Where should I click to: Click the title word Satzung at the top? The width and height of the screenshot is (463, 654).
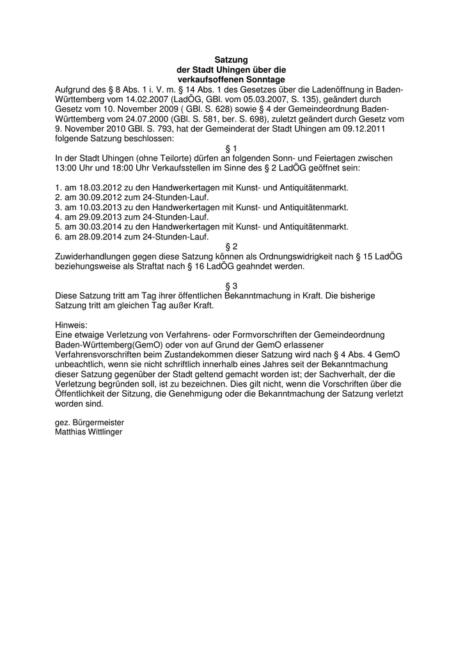(231, 59)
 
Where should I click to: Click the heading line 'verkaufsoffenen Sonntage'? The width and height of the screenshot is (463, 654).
(231, 79)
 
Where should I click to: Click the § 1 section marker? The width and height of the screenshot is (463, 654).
(231, 148)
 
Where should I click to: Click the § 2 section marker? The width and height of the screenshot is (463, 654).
(231, 247)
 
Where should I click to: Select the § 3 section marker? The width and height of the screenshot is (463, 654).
(231, 286)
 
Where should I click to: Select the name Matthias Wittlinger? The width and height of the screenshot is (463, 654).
(88, 432)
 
